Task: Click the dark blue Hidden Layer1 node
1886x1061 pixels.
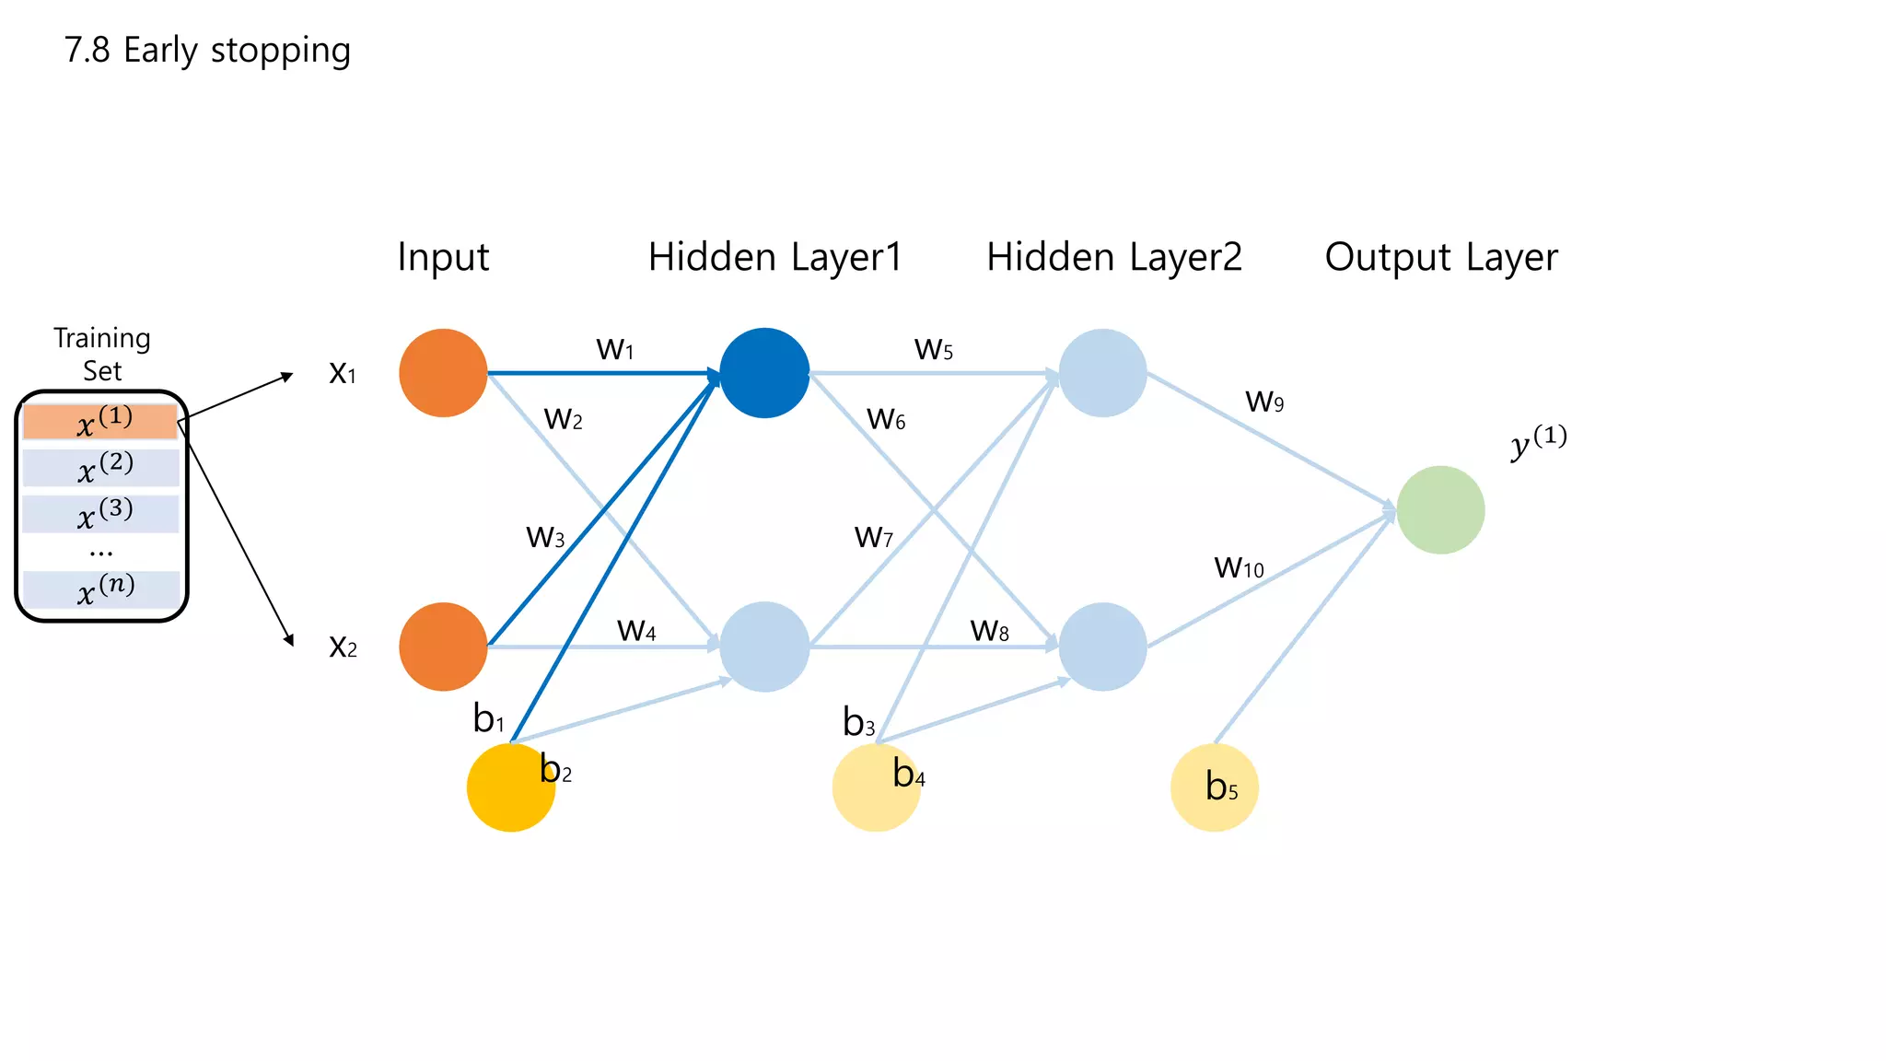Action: click(x=764, y=373)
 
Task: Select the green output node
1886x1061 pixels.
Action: click(x=1440, y=510)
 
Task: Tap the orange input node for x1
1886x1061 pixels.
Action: click(x=443, y=373)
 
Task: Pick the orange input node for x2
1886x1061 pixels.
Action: click(x=443, y=647)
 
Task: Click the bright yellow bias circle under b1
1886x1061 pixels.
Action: click(x=510, y=788)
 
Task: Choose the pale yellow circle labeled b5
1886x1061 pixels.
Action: click(x=1214, y=788)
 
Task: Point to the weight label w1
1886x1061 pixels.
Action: click(x=615, y=350)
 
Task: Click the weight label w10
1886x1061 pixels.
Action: click(x=1239, y=567)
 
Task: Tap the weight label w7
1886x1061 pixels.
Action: click(x=873, y=537)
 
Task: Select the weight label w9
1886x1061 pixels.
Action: click(x=1264, y=401)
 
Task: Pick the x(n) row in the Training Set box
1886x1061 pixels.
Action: click(x=101, y=589)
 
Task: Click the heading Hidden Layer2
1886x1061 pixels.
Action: click(x=1114, y=257)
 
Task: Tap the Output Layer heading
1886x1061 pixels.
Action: click(x=1441, y=257)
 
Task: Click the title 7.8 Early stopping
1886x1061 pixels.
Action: click(x=207, y=51)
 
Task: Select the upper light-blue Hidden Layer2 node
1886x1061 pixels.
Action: click(x=1102, y=373)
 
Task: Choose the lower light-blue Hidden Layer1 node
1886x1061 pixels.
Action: click(x=764, y=647)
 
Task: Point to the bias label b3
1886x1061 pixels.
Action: click(x=858, y=723)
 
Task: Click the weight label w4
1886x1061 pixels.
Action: click(x=636, y=631)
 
